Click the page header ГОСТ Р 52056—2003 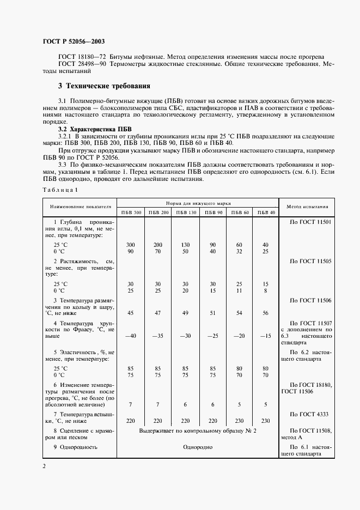[x=74, y=41]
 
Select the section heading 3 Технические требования [x=103, y=86]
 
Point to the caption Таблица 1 [x=60, y=190]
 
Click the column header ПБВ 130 [x=185, y=212]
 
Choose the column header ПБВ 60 [x=239, y=212]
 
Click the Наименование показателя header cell [x=81, y=207]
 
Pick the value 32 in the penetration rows [x=239, y=252]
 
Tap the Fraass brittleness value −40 [x=131, y=336]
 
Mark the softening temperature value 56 [x=265, y=313]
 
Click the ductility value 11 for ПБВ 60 [x=239, y=291]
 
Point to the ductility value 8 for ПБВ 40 [x=265, y=291]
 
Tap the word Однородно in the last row [x=198, y=447]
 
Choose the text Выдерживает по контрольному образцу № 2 [x=198, y=430]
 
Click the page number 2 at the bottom [x=45, y=466]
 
